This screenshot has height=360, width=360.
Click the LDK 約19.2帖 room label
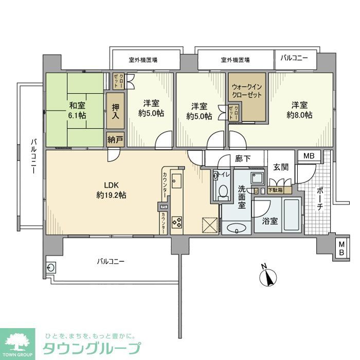[111, 190]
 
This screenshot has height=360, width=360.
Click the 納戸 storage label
[115, 139]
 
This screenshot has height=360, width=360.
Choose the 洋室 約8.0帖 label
[299, 110]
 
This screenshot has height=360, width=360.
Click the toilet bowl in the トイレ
[223, 191]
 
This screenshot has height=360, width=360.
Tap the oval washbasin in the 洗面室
[237, 228]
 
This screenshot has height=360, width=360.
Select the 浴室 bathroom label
[270, 221]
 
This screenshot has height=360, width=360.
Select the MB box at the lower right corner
[340, 248]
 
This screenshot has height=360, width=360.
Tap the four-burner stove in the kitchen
[176, 222]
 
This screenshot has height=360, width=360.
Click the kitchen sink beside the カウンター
[176, 181]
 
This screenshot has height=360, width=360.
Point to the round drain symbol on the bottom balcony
[51, 267]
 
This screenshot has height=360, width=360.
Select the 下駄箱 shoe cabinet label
[278, 190]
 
